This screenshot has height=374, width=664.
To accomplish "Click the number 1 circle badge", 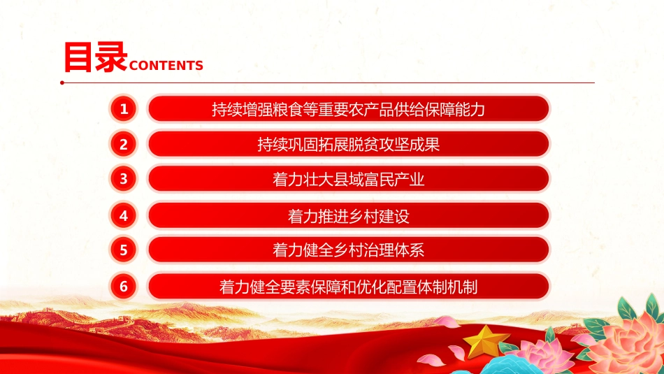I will coord(124,108).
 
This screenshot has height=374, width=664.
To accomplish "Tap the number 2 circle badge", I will coord(124,145).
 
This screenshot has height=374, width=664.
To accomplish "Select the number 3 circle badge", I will coord(124,179).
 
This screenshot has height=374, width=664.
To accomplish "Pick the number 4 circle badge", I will coord(124,216).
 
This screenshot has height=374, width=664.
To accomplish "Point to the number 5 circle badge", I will coord(124,250).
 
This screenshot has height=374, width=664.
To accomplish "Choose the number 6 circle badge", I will coord(124,286).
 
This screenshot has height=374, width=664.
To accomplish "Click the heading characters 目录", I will coord(95,57).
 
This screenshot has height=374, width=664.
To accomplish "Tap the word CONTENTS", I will coord(166,66).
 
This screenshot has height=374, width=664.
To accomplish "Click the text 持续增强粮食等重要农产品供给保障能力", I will coord(348,109).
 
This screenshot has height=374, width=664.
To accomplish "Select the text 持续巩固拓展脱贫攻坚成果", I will coord(348,145).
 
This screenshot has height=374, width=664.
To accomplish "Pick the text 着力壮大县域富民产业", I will coord(348,180).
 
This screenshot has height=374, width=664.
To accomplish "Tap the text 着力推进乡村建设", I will coord(348,216).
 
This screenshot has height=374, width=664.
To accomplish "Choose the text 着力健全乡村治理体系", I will coord(348,250).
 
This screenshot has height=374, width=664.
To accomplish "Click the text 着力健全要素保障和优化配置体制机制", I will coord(348,286).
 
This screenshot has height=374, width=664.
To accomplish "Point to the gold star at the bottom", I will coord(486,342).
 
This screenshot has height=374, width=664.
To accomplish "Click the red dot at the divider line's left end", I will coord(62,82).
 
